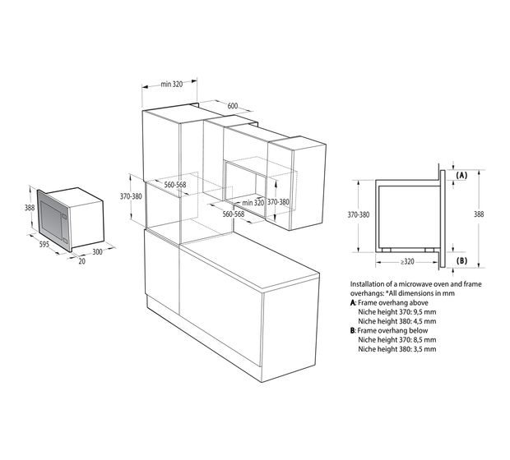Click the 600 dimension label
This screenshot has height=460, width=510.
233,106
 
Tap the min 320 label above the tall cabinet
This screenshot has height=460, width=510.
172,84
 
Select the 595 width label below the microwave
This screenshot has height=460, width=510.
44,244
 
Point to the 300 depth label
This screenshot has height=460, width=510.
97,251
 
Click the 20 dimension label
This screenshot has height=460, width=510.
82,261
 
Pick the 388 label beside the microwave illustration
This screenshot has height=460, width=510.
30,207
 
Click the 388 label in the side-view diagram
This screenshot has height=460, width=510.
479,214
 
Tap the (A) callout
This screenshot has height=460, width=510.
461,176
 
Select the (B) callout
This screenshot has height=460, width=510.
461,260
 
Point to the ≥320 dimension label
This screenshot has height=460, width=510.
407,261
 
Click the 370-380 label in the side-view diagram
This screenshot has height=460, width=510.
359,214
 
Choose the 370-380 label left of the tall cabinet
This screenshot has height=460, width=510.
131,196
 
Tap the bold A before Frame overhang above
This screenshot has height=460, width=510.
353,303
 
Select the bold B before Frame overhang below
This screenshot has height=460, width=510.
353,331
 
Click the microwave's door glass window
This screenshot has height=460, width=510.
51,219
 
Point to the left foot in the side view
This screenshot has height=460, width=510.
387,251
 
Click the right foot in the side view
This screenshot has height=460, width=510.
429,251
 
